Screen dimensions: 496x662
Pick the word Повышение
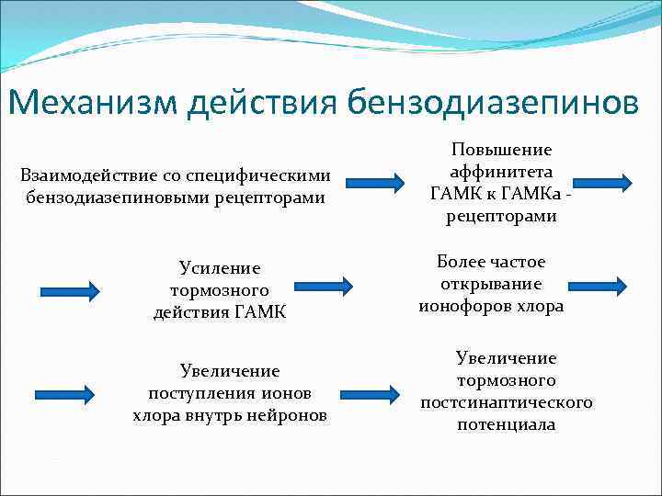coord(501,149)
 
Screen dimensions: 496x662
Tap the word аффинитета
coord(501,171)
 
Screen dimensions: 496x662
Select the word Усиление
coord(220,268)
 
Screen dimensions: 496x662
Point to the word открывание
coord(491,285)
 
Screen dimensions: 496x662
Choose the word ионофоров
coord(462,307)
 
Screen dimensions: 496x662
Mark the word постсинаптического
coord(507,402)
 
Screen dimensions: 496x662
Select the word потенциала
coord(507,424)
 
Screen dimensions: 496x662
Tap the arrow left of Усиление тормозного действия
coord(70,291)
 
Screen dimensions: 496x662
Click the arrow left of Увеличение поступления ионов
coord(63,395)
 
